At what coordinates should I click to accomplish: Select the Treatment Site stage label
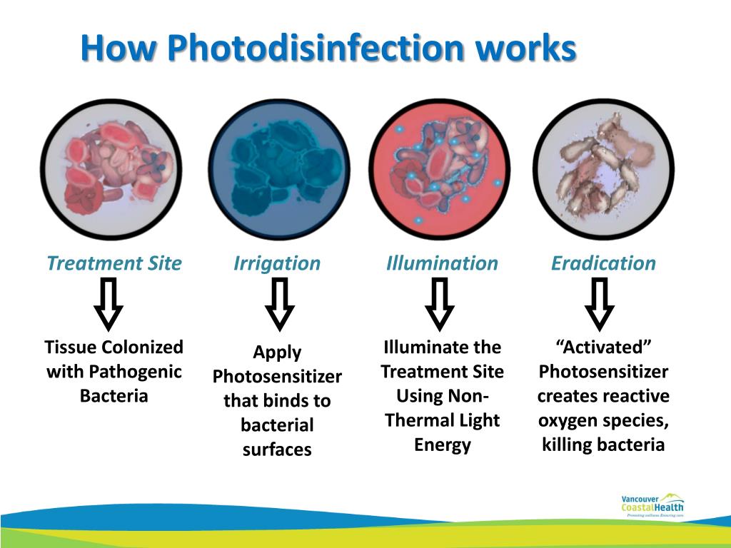coord(114,263)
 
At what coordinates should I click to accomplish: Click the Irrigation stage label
coord(277,263)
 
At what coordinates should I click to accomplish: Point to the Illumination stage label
coord(442,263)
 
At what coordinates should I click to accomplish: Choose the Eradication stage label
coord(603,263)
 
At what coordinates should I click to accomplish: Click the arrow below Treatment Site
coord(109,304)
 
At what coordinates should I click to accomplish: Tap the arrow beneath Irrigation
coord(279,304)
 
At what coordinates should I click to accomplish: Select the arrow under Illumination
coord(440,304)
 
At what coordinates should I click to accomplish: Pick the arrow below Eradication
coord(600,304)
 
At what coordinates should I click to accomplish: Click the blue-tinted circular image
coord(279,169)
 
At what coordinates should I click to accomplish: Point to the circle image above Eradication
coord(603,169)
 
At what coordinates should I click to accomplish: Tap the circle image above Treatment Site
coord(111,169)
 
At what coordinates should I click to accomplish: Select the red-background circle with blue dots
coord(440,169)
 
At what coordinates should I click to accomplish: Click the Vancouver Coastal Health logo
coord(652,504)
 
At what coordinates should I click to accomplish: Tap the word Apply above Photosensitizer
coord(277,352)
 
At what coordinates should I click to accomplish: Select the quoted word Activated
coord(603,347)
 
